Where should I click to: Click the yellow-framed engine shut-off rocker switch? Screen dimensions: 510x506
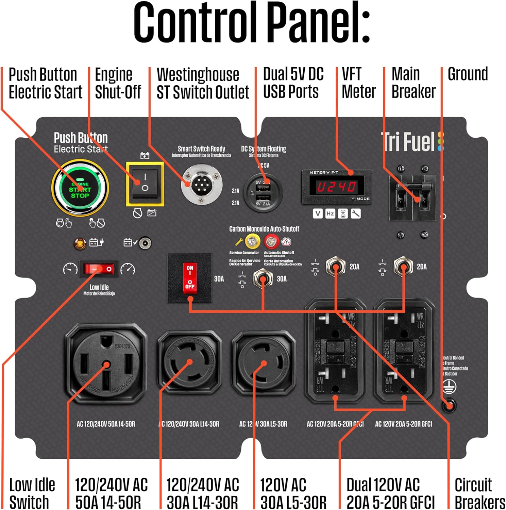pyautogui.click(x=145, y=184)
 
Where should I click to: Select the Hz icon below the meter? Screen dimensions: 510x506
pyautogui.click(x=330, y=214)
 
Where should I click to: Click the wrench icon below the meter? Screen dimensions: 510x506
pyautogui.click(x=356, y=214)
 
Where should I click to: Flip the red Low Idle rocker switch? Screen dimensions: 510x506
pyautogui.click(x=99, y=269)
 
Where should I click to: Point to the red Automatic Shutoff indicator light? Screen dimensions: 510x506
pyautogui.click(x=271, y=242)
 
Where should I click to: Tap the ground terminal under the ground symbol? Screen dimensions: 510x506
pyautogui.click(x=449, y=405)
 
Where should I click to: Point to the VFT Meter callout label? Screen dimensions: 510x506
pyautogui.click(x=358, y=83)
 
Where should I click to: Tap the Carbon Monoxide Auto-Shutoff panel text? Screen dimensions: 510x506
pyautogui.click(x=264, y=229)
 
